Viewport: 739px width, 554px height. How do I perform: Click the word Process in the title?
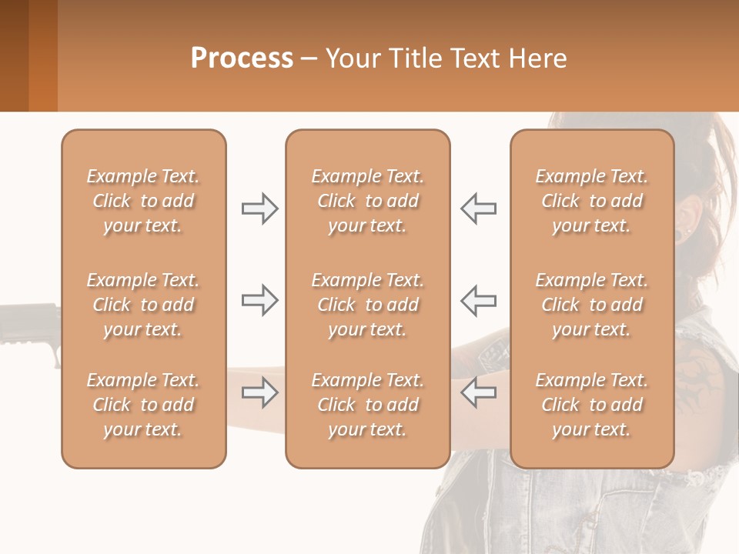[x=242, y=58]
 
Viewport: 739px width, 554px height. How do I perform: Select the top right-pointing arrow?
[x=259, y=209]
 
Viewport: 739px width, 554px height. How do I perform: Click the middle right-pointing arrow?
[x=259, y=300]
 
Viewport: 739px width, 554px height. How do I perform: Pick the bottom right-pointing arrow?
[x=259, y=392]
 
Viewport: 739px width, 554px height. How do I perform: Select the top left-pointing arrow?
[x=479, y=209]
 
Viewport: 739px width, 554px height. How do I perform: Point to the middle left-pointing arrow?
[x=479, y=300]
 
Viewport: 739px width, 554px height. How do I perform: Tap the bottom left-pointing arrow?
[x=479, y=392]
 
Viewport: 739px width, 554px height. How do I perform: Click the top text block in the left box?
[x=143, y=201]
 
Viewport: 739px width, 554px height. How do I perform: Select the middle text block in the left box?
[x=143, y=305]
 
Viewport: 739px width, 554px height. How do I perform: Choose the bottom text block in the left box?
[x=143, y=405]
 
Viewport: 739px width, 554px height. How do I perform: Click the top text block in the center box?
[x=368, y=201]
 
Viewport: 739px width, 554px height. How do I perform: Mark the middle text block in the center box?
[x=368, y=305]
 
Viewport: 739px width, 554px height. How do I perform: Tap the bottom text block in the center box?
[x=368, y=405]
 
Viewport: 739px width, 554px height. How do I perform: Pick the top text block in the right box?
[x=592, y=201]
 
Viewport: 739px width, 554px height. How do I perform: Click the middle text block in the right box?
[x=592, y=305]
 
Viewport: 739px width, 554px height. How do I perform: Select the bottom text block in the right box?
[x=592, y=405]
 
